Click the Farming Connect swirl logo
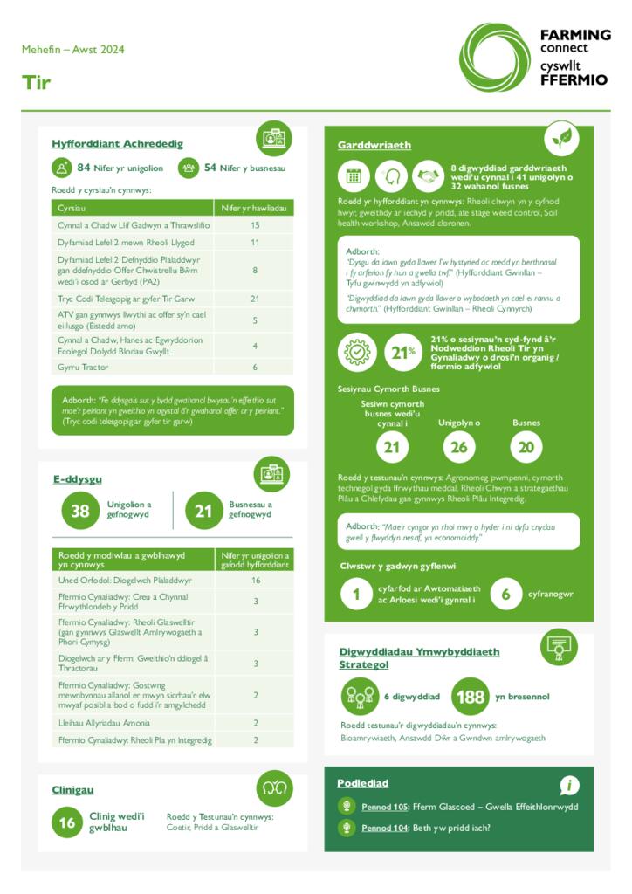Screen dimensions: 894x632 (x=494, y=58)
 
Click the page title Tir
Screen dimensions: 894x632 (x=37, y=83)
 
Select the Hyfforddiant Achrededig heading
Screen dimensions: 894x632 (x=117, y=143)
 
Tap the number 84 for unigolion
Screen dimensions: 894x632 (x=84, y=168)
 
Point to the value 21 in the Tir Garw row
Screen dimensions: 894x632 (x=255, y=299)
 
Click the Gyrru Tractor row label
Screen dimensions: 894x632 (x=83, y=368)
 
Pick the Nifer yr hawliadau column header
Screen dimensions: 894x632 (x=254, y=208)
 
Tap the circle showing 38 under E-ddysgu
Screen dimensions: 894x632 (x=80, y=511)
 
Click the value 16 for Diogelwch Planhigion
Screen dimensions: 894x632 (x=255, y=580)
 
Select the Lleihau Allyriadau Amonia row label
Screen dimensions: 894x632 (x=104, y=723)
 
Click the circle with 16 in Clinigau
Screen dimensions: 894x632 (x=67, y=822)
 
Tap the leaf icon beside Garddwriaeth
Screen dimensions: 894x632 (x=561, y=138)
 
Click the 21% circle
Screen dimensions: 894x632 (x=402, y=353)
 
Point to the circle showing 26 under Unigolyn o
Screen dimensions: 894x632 (x=459, y=447)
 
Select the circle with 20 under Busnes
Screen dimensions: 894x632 (x=526, y=447)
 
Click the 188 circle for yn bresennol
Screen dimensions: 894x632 (x=470, y=697)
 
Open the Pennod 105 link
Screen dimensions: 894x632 (x=385, y=807)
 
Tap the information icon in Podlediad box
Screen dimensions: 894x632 (x=569, y=785)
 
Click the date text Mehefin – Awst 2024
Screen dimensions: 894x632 (x=73, y=50)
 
